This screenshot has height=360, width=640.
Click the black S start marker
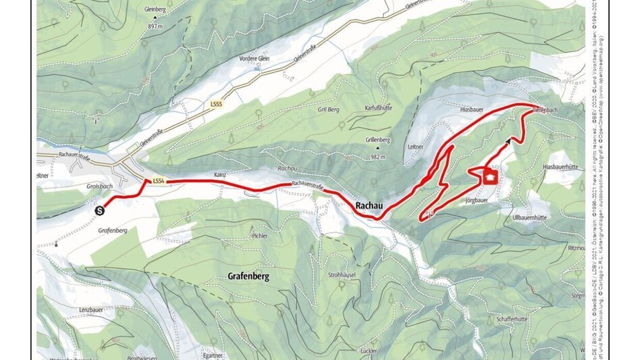click(x=100, y=210)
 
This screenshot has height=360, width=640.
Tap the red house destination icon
click(x=490, y=177)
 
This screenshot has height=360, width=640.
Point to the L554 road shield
click(x=159, y=181)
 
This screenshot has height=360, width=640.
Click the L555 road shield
click(x=216, y=105)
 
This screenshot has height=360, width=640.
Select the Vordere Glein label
click(x=253, y=59)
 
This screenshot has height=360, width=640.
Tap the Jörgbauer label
click(x=477, y=201)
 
